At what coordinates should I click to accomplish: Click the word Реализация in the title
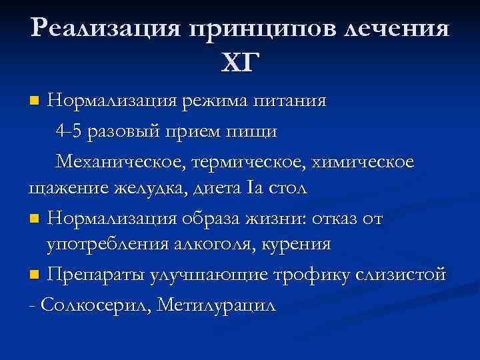pos(104,29)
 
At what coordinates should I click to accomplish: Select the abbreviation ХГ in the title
pos(240,63)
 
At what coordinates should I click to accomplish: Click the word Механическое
pos(119,161)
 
